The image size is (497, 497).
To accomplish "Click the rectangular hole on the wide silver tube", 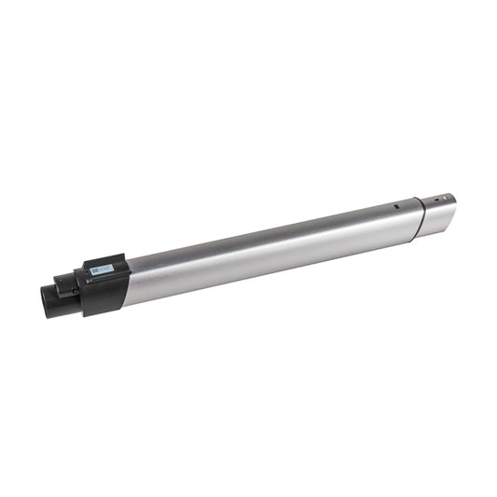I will click(395, 206).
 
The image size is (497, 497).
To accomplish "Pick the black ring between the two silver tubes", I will click(420, 219).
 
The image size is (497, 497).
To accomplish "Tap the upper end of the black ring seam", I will click(416, 199).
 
